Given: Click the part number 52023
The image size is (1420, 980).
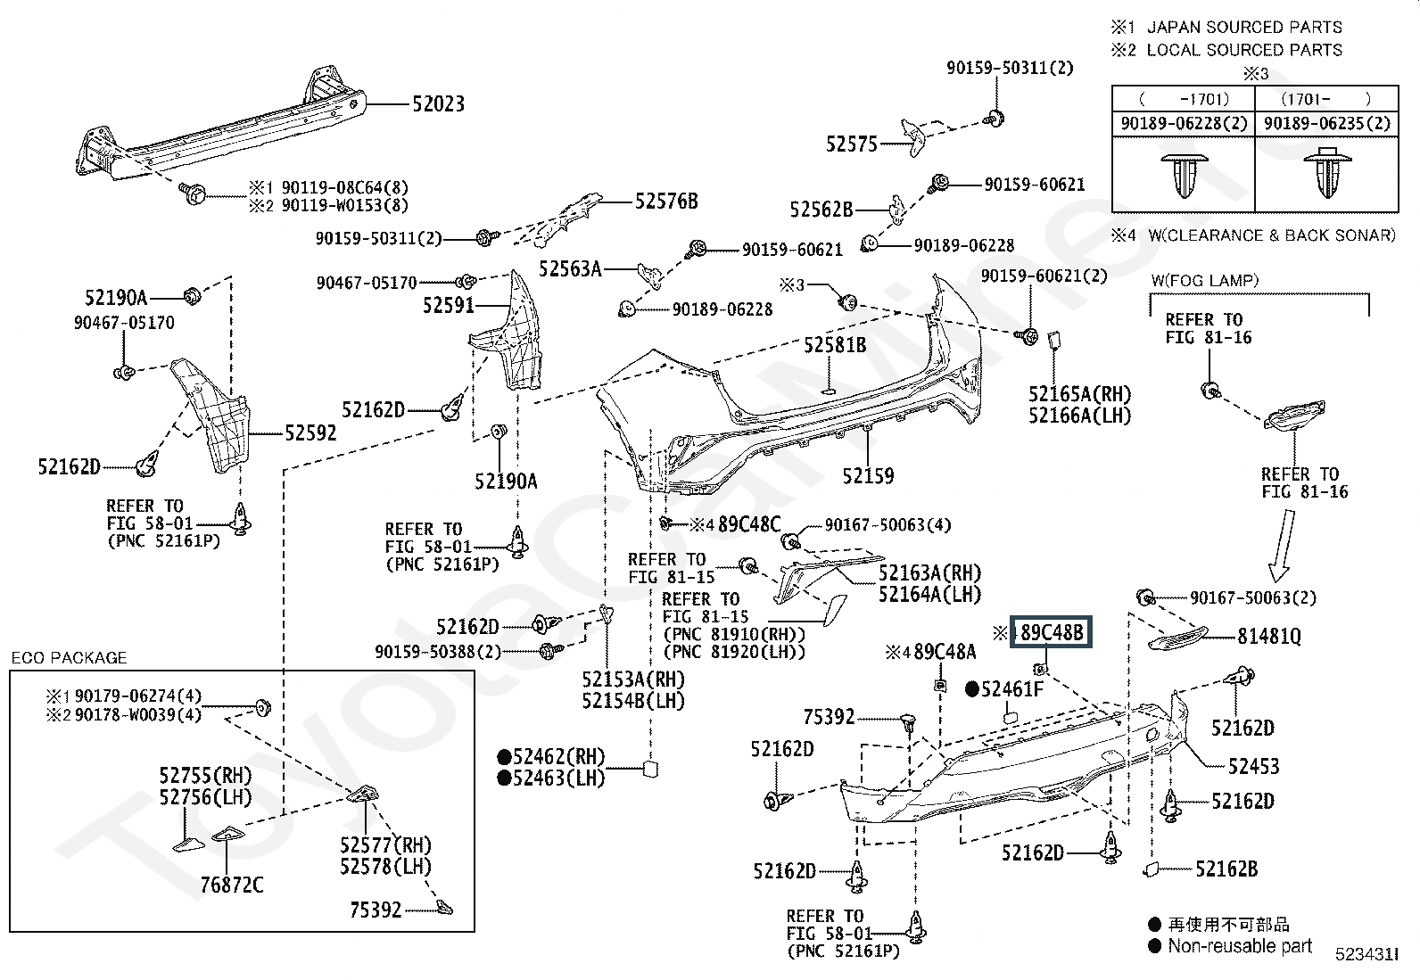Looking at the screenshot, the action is coord(438,104).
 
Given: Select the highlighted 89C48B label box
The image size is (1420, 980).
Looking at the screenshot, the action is coord(1051,632).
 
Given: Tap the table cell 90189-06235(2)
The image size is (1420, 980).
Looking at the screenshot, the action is coord(1327,123).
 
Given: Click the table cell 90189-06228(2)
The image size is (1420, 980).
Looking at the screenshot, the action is coord(1184,123).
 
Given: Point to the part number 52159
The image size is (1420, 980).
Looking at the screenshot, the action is coord(868,476).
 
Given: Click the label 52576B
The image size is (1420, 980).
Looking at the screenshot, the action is coord(666,202).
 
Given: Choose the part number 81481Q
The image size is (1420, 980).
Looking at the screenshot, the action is coord(1269,637).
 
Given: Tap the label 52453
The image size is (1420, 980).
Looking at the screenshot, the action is coord(1253,766).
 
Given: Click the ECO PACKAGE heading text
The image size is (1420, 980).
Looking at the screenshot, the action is coord(69,658).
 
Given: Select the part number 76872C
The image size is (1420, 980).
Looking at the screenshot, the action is coord(231,885).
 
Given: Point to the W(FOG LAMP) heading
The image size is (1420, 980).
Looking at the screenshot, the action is coord(1204,280).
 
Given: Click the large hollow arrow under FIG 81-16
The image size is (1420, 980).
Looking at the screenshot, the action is coord(1282,546).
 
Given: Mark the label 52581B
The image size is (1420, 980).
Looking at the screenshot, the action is coord(835,345).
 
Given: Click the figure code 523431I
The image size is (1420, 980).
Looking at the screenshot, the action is coord(1366,955).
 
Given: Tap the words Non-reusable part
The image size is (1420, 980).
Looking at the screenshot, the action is coord(1240,946).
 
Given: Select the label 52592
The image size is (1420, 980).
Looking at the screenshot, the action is coord(310,433).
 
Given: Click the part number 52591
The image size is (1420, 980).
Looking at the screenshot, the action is coord(448,306).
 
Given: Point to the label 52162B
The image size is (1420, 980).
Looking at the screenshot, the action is coord(1226,869).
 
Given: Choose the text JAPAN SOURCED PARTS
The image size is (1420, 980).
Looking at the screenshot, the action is coord(1244,28).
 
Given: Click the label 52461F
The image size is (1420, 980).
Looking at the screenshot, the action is coord(1011,689).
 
